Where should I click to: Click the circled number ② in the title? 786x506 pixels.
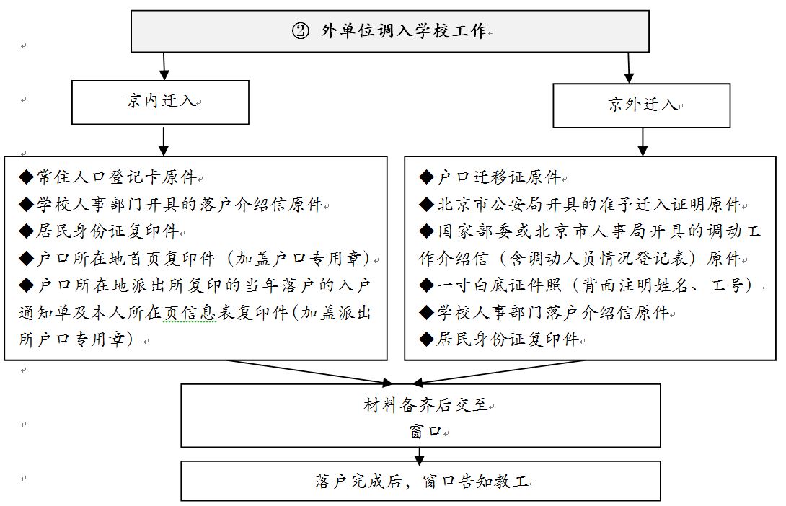coord(300,31)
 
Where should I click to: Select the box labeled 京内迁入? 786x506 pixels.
coord(160,102)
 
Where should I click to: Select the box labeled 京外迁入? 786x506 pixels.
coord(641,105)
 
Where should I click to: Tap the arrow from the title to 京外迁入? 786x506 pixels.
coord(630,68)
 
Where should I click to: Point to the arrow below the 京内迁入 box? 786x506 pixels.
coord(164,141)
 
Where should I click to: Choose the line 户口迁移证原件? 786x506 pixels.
coord(490,177)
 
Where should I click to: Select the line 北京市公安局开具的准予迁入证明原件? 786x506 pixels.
coord(580,205)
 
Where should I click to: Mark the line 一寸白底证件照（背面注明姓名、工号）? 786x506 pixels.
coord(588,285)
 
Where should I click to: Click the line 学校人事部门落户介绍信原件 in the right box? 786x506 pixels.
coord(544,313)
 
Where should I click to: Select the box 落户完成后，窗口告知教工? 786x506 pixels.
coord(420,481)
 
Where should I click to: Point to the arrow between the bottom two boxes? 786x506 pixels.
coord(420,454)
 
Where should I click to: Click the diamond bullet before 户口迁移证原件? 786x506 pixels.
coord(427,177)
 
